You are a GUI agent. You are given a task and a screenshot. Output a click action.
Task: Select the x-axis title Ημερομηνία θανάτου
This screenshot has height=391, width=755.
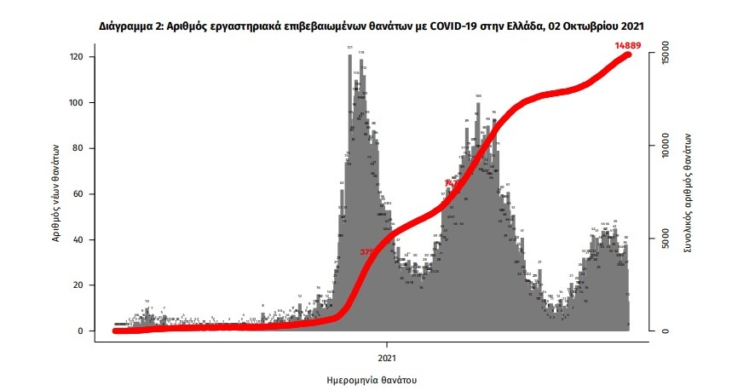[x=372, y=378]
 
